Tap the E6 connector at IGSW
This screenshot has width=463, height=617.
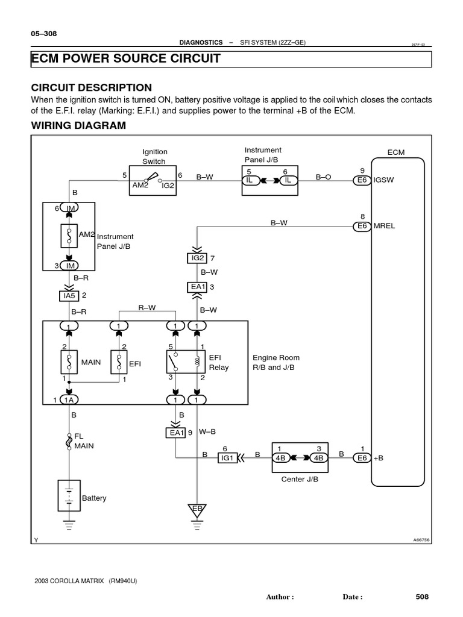click(362, 180)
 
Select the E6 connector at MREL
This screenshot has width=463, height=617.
click(362, 226)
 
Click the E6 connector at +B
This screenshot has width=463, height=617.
click(362, 458)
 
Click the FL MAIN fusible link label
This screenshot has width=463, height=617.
click(84, 441)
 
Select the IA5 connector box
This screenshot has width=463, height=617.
click(69, 296)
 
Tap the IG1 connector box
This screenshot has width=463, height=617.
click(227, 458)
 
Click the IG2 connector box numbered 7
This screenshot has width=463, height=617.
click(197, 258)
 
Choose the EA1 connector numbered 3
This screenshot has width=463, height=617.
click(197, 287)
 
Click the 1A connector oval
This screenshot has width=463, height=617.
click(69, 400)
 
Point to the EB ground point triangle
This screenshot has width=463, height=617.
click(196, 509)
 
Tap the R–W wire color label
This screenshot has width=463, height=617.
click(147, 307)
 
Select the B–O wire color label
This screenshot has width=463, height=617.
click(324, 177)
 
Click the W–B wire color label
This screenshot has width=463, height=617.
click(207, 431)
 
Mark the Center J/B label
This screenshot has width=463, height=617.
click(299, 480)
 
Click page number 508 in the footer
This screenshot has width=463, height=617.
click(422, 597)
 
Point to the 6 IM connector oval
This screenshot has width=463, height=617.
click(69, 208)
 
